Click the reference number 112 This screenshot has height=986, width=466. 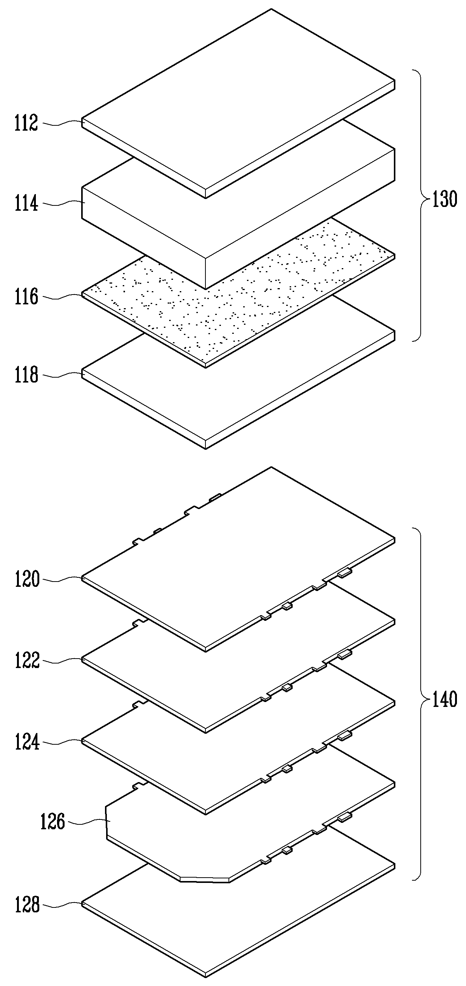(26, 123)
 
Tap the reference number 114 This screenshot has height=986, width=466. (26, 203)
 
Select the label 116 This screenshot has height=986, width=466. (26, 297)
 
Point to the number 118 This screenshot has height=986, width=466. (26, 375)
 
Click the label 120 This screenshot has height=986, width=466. (27, 580)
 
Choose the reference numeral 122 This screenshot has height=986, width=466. (27, 660)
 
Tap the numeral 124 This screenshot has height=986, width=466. (27, 742)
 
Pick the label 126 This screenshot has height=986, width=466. (53, 822)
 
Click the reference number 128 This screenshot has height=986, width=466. (27, 905)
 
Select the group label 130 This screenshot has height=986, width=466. (444, 199)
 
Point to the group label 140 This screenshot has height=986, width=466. (444, 700)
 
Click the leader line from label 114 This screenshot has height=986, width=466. (60, 204)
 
